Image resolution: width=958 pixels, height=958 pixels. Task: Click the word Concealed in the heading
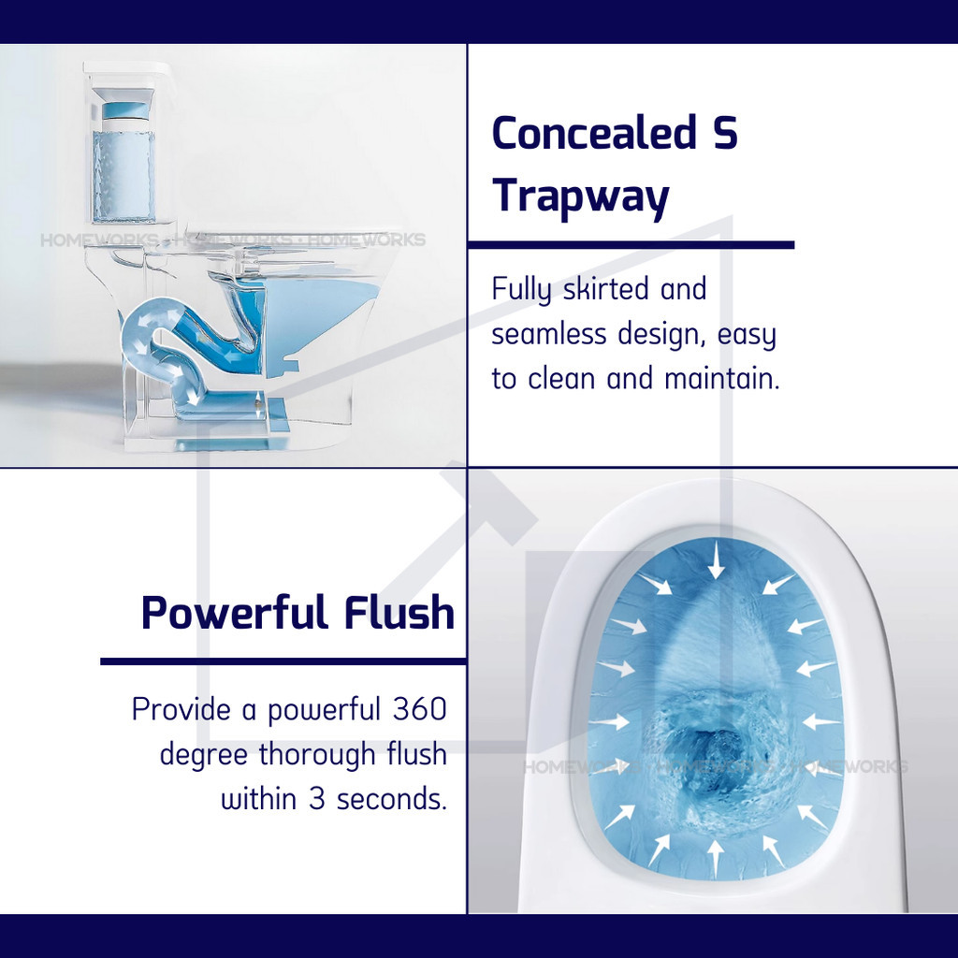(594, 132)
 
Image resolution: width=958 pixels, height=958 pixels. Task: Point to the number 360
(420, 709)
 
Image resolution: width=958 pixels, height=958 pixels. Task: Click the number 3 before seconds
(316, 799)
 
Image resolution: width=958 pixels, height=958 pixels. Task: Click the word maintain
(721, 379)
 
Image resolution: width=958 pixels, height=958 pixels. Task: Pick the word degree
(204, 756)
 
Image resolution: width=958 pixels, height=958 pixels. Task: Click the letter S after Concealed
(725, 132)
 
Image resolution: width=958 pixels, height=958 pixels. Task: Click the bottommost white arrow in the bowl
(716, 859)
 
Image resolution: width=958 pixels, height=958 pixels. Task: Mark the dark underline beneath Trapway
(631, 245)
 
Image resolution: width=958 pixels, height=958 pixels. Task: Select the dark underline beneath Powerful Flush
(283, 661)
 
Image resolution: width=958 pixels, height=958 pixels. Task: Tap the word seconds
(392, 799)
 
